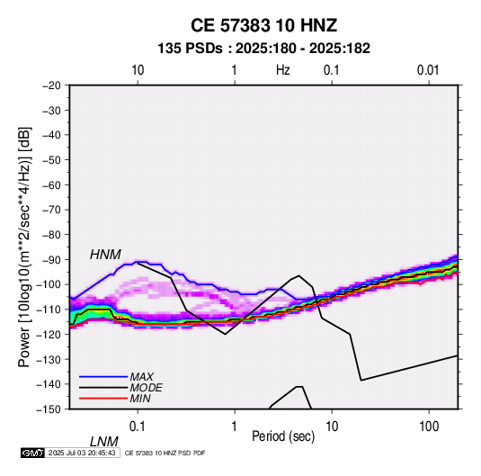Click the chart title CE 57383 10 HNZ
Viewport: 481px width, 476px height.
263,25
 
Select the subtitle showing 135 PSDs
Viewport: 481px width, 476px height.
263,49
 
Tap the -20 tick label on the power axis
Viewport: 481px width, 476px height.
51,85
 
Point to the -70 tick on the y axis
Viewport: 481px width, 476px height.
51,210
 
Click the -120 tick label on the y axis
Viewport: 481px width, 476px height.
49,335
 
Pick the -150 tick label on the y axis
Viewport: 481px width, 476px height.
49,409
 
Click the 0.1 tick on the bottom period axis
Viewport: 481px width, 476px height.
138,427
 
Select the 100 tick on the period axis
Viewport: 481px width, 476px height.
429,427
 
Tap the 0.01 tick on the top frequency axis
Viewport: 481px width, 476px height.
428,70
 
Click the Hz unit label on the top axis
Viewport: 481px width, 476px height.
283,70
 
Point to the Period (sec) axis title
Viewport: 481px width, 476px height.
283,436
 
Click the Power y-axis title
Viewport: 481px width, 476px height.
24,247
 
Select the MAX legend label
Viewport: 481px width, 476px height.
142,376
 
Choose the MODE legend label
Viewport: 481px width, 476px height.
146,388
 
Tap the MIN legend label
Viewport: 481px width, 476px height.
140,399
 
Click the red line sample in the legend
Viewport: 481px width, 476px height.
103,399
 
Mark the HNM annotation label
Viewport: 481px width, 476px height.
105,255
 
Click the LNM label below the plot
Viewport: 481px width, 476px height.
104,442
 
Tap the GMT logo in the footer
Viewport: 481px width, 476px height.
33,453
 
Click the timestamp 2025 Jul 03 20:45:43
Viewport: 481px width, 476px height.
82,453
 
